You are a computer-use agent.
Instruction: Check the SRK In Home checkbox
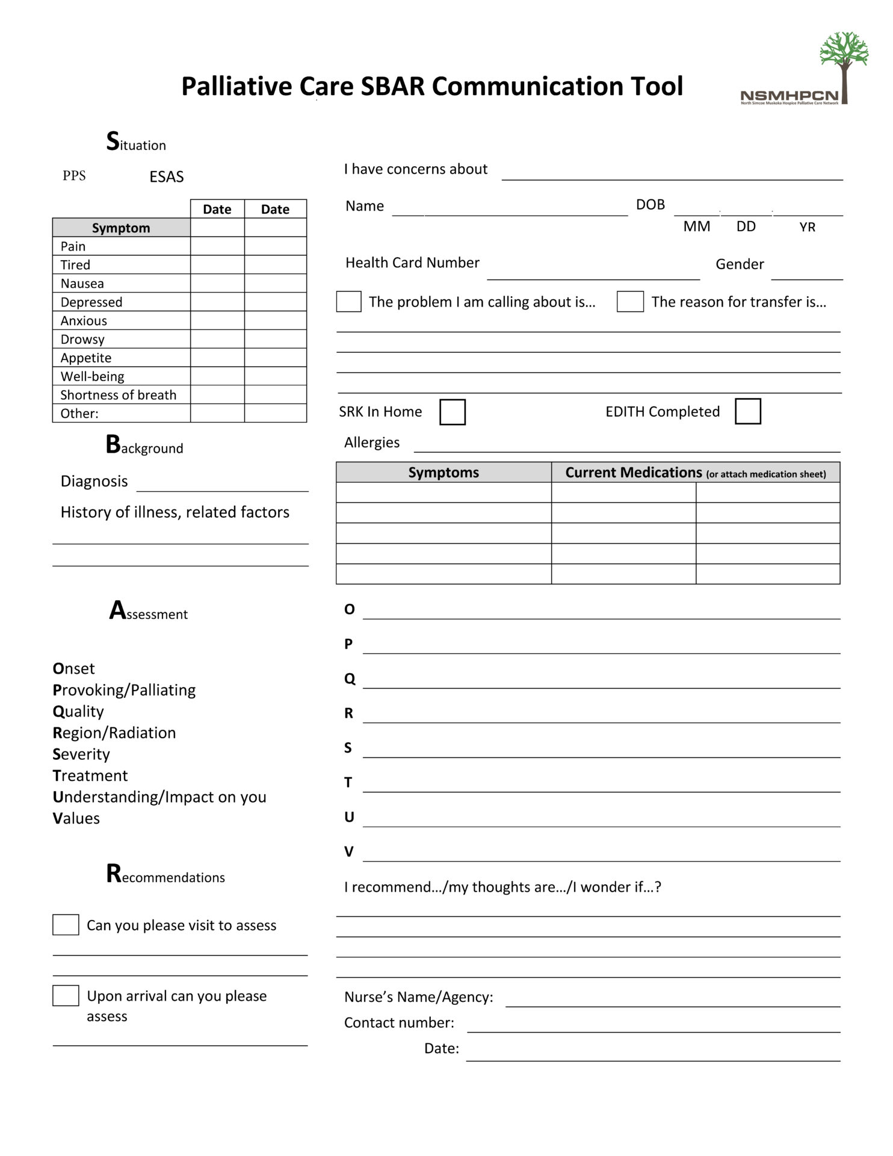[x=453, y=412]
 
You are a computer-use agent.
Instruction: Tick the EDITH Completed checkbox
[x=747, y=411]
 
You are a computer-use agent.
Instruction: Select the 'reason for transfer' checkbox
[x=630, y=302]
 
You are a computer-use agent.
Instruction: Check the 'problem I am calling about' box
[x=348, y=302]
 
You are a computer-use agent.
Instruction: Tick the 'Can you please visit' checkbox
[x=66, y=925]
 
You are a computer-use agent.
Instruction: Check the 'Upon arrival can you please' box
[x=66, y=995]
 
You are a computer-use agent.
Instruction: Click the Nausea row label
[x=82, y=284]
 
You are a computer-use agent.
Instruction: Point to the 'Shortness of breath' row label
[x=119, y=395]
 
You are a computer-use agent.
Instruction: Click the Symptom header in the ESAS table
[x=121, y=228]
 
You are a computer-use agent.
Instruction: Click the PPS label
[x=74, y=176]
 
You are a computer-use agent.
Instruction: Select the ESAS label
[x=167, y=177]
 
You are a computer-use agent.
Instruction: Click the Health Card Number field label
[x=412, y=263]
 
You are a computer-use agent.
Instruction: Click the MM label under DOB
[x=696, y=226]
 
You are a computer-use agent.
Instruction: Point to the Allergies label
[x=371, y=443]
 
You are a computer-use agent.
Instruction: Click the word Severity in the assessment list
[x=81, y=754]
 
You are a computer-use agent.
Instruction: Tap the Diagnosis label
[x=94, y=481]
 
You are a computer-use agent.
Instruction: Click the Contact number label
[x=399, y=1022]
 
